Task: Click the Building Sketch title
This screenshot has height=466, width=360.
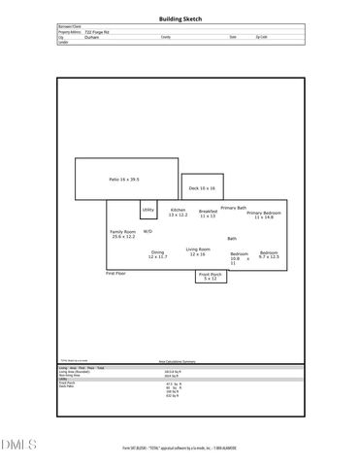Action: (x=180, y=19)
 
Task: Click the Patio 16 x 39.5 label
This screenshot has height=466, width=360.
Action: (x=124, y=180)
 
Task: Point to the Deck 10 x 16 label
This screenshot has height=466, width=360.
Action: (x=202, y=188)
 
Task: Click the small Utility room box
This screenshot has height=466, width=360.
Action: (x=148, y=210)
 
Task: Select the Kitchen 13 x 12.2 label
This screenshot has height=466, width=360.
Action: (x=179, y=213)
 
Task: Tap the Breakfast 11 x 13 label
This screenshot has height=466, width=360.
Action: (x=208, y=214)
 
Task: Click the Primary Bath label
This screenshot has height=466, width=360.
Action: (x=234, y=208)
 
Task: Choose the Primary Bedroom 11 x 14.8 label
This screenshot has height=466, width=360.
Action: (x=264, y=215)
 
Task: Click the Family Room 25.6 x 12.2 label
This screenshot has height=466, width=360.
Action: (x=123, y=234)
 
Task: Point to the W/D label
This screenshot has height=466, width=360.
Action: (x=147, y=232)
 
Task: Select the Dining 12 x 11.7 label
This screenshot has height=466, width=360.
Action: (x=157, y=254)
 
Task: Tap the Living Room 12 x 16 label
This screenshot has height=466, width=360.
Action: (x=198, y=251)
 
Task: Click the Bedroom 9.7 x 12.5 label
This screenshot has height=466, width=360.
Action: (x=269, y=254)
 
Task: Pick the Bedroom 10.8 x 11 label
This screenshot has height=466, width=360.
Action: (x=239, y=258)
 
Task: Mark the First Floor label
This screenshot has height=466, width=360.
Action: (x=115, y=274)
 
